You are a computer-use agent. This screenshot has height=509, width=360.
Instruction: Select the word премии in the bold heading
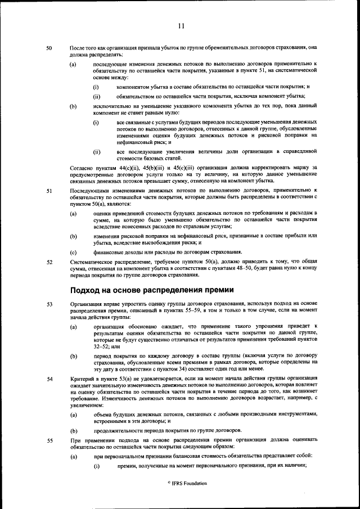coord(215,290)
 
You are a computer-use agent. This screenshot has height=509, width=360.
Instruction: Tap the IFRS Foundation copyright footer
coord(180,483)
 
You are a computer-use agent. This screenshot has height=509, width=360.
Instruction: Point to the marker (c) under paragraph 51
coord(73,252)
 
